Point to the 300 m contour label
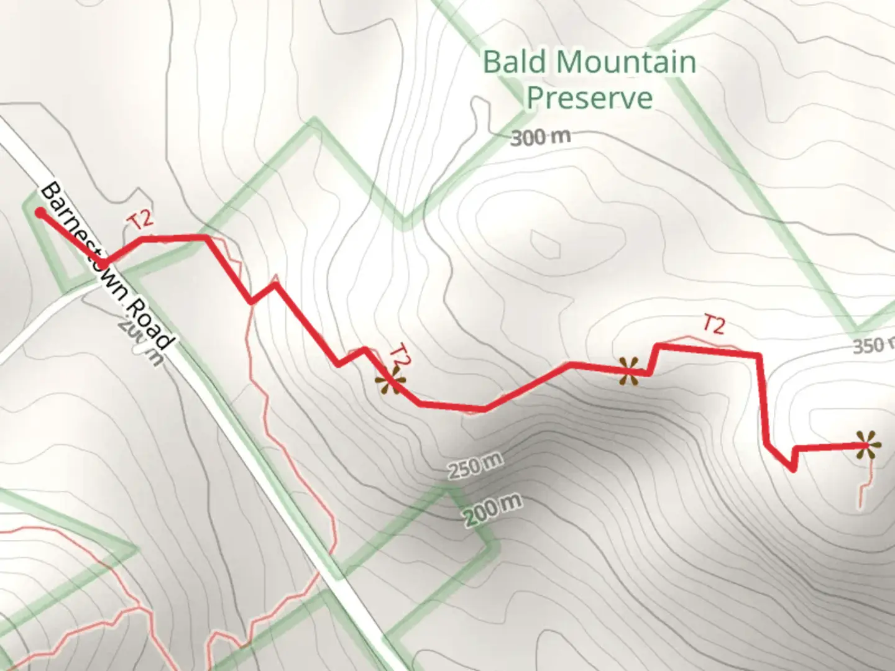(x=539, y=137)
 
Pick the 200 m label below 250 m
(x=491, y=509)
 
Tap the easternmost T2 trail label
(x=714, y=324)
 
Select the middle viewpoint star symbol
(x=629, y=371)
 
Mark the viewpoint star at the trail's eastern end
(x=866, y=445)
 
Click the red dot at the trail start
(x=40, y=213)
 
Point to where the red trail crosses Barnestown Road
(x=104, y=263)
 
